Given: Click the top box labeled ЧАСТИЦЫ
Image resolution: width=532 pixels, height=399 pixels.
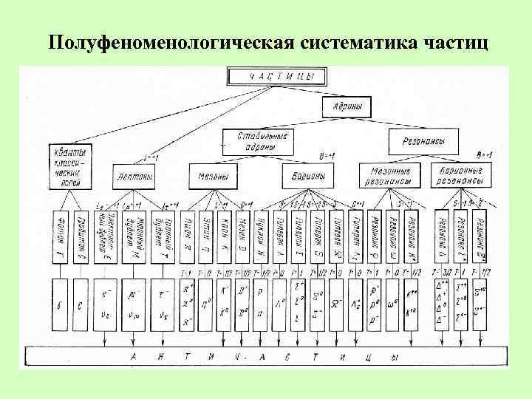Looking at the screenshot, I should coord(276,76).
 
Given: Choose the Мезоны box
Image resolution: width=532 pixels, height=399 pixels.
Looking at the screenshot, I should coord(214,177).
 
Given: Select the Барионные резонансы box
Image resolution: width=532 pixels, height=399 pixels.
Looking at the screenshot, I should coord(460,175).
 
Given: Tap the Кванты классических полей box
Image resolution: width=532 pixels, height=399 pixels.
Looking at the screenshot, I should coord(72,166).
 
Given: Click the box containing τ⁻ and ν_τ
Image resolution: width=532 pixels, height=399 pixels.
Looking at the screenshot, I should coord(161,305).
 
